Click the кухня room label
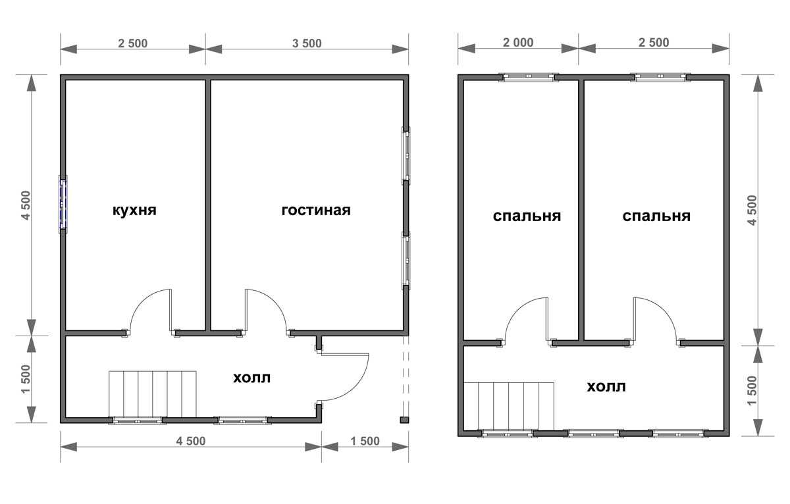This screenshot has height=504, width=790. [134, 211]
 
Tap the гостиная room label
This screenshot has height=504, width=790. [316, 211]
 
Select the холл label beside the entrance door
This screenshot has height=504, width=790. [251, 378]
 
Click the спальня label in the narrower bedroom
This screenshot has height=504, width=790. [527, 216]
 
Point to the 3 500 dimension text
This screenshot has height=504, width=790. [307, 43]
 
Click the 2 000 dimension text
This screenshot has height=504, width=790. [518, 43]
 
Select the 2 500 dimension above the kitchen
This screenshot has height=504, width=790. [132, 43]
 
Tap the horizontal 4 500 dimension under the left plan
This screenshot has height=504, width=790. [191, 441]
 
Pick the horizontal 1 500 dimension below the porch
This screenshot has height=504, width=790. [365, 441]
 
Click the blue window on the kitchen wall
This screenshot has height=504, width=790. [63, 205]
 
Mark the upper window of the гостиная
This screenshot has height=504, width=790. [406, 156]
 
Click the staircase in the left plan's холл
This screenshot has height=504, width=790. [152, 394]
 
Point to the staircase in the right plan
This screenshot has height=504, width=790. [508, 407]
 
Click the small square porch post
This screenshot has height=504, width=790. [404, 420]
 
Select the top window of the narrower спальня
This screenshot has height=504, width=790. [529, 77]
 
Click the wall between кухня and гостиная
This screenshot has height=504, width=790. [208, 205]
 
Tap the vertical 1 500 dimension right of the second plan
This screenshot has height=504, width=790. [752, 391]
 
